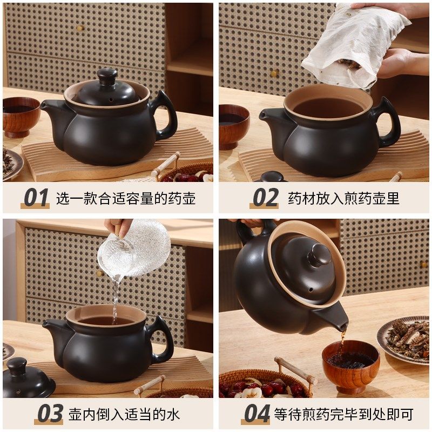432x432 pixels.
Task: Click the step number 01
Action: (36, 198)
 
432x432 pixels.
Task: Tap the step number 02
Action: (265, 198)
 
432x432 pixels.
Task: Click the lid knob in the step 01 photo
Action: (107, 76)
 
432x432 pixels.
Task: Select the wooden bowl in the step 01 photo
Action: (21, 116)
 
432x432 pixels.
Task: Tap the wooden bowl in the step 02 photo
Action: (233, 125)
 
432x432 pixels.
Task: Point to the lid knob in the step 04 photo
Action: (319, 255)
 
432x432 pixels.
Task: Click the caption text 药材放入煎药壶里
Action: (343, 198)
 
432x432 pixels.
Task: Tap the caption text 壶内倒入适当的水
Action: (124, 414)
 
